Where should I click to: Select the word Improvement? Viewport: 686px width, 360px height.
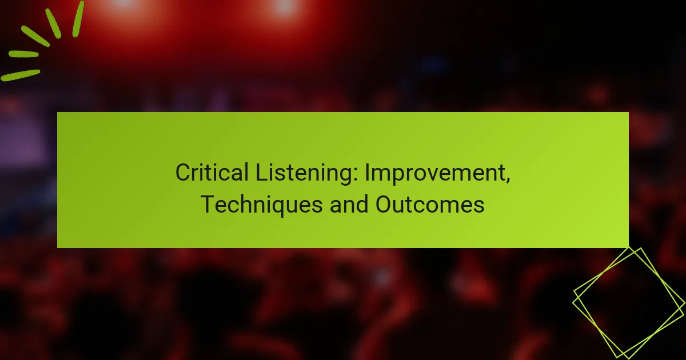pyautogui.click(x=435, y=173)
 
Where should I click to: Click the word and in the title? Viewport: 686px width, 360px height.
pyautogui.click(x=349, y=204)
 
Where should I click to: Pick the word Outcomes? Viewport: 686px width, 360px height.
pyautogui.click(x=430, y=204)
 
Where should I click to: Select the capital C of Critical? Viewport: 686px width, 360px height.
pyautogui.click(x=182, y=173)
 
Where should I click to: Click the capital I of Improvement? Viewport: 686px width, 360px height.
pyautogui.click(x=368, y=173)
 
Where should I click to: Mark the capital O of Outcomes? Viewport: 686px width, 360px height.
pyautogui.click(x=384, y=204)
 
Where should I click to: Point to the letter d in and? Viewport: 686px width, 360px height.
pyautogui.click(x=363, y=204)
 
